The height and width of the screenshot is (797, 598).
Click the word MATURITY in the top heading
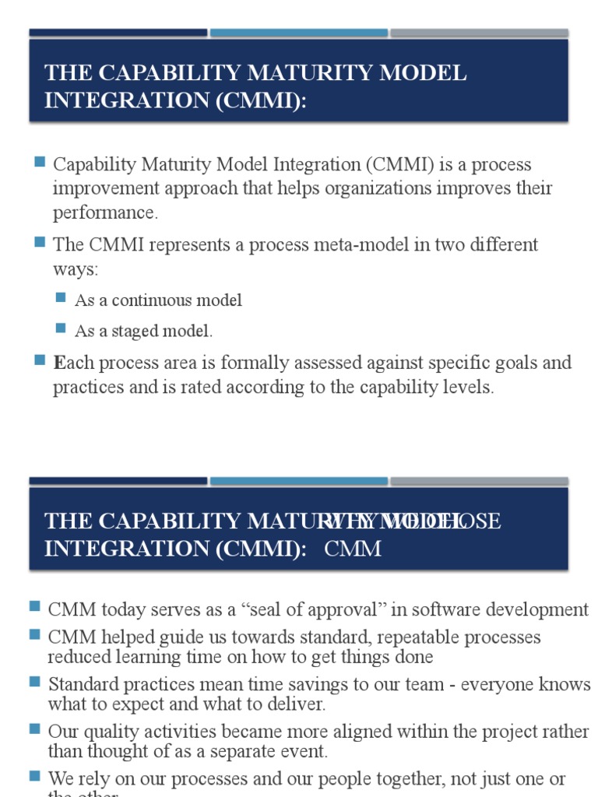pos(260,73)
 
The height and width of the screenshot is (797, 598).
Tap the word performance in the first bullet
pos(105,212)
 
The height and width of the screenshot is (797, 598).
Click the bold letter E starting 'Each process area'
pos(58,363)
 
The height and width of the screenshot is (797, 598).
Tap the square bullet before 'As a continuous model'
pos(62,298)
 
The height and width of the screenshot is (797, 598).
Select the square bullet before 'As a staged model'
pos(62,328)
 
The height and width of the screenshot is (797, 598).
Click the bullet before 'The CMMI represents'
pos(40,242)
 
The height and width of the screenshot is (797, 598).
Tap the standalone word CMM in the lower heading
pos(353,549)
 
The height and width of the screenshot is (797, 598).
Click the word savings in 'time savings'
pos(296,685)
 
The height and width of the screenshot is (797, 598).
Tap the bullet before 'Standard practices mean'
pos(35,683)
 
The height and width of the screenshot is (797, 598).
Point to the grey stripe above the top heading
pos(479,33)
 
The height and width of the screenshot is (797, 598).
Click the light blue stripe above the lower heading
pos(298,481)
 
